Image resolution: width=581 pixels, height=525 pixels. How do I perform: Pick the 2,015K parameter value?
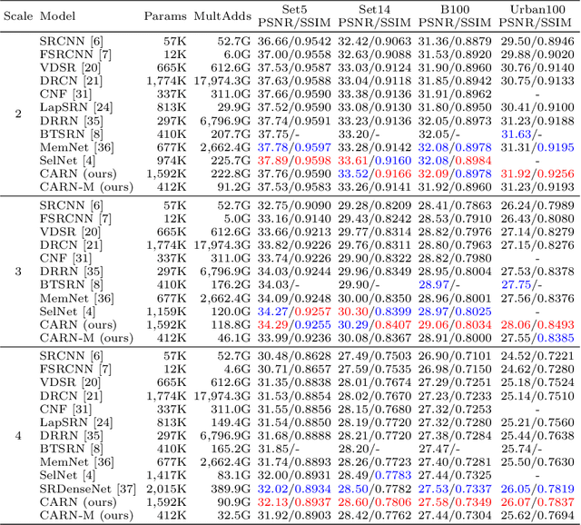[x=163, y=487]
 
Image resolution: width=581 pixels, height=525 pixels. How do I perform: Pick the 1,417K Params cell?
[x=163, y=474]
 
